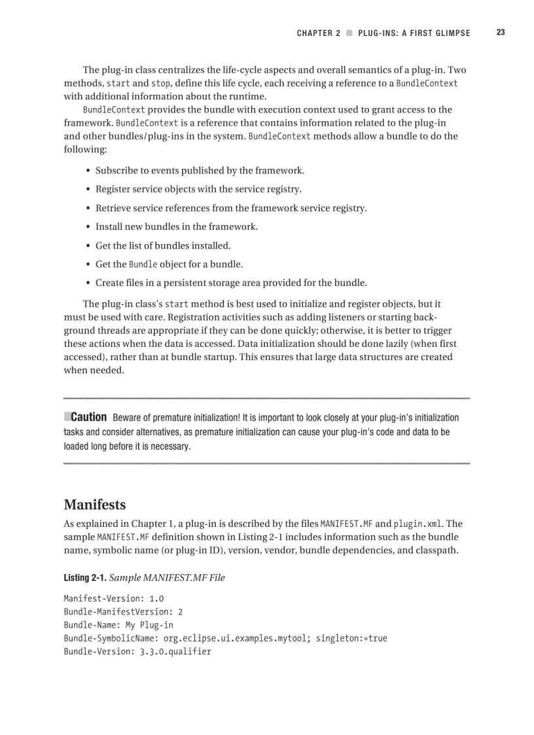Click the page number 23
500,33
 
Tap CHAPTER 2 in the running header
318,33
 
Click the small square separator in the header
349,33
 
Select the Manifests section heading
95,505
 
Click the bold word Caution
88,417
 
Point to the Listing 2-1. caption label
84,577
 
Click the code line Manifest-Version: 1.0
113,598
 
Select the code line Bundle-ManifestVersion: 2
123,611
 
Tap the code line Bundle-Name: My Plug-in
118,625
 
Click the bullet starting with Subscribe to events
200,171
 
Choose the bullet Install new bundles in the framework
176,227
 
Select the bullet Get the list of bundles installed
163,246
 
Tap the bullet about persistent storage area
231,283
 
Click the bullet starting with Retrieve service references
231,208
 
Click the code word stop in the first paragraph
161,84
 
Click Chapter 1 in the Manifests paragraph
149,524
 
